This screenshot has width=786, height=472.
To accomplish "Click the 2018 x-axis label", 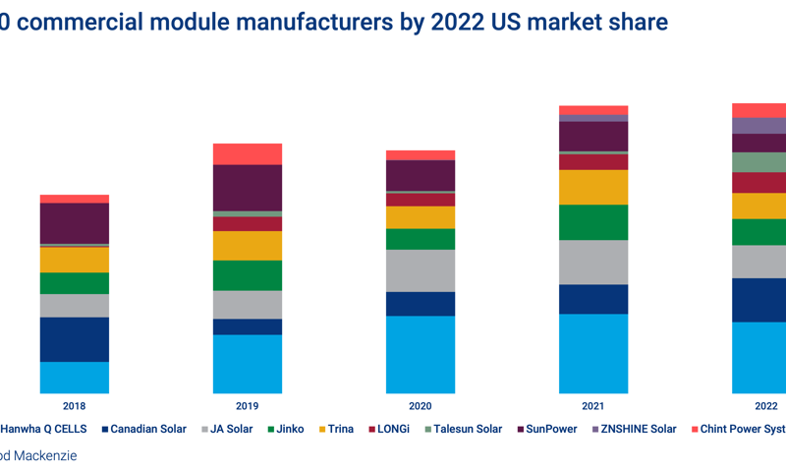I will (74, 405).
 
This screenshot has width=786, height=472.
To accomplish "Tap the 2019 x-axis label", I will (248, 405).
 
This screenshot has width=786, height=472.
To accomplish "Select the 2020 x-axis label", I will (420, 405).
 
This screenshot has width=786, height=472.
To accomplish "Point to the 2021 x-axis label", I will (593, 405).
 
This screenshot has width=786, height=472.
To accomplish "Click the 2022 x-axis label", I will (765, 405).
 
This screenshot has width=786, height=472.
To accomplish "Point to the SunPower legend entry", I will (550, 429).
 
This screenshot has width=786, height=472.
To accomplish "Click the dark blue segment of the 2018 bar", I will (75, 339).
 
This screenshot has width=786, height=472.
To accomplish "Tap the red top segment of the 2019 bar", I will (248, 153).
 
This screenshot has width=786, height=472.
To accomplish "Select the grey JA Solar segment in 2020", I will (421, 270).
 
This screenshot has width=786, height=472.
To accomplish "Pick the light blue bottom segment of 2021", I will (593, 353).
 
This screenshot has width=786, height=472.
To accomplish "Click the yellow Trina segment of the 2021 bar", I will (593, 187).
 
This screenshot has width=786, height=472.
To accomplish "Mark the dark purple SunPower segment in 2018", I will (75, 222).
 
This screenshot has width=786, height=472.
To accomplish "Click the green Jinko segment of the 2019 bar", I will (248, 275).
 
